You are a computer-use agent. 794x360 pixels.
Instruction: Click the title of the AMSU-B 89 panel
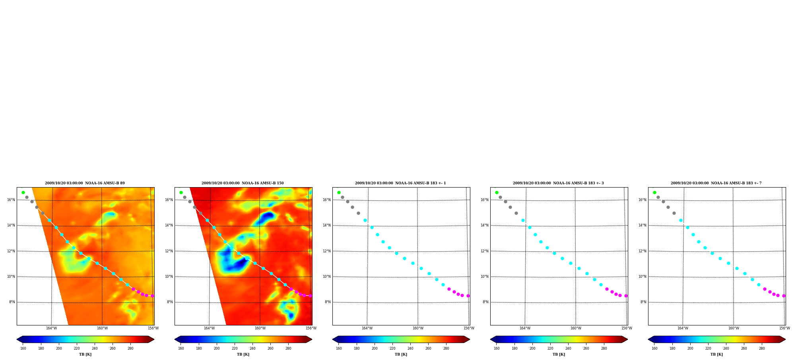coord(85,183)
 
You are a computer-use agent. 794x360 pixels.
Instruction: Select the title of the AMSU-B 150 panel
coord(243,183)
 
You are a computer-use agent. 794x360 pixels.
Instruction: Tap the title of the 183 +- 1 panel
coord(400,183)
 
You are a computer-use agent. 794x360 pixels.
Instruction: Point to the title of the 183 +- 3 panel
coord(558,183)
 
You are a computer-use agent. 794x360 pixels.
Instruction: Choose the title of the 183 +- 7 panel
coord(716,183)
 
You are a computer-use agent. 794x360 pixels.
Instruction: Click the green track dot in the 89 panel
coord(23,192)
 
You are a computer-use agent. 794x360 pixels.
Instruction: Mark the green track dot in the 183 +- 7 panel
coord(654,192)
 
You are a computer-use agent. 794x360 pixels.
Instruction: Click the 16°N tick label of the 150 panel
coord(169,200)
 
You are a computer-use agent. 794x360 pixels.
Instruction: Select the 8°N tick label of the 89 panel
coord(12,302)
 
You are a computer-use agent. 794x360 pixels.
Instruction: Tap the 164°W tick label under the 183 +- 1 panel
coord(367,328)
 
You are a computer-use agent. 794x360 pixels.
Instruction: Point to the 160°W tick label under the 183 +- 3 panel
coord(576,328)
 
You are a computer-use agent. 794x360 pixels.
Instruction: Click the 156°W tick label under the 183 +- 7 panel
coord(784,328)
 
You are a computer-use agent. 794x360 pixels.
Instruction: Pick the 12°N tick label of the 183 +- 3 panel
coord(484,251)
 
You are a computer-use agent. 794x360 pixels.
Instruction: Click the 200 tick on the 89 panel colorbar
coord(59,348)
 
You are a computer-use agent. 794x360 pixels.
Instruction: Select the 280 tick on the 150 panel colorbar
coord(288,348)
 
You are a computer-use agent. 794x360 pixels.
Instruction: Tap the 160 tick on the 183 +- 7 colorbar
coord(654,348)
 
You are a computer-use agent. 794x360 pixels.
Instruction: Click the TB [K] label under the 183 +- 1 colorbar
coord(401,354)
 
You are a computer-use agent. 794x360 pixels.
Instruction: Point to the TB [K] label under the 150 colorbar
coord(243,354)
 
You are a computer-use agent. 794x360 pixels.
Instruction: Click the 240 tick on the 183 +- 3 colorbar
coord(568,348)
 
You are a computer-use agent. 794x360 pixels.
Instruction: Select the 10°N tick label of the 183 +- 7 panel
coord(642,277)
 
